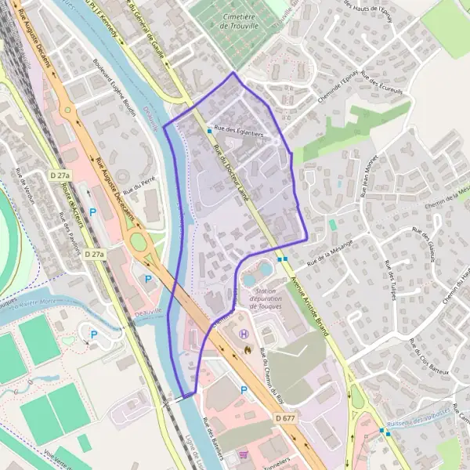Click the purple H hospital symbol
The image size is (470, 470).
point(244,334)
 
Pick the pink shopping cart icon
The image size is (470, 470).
point(243,454)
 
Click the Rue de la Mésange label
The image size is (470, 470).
point(328,251)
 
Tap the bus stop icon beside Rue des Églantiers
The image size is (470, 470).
point(209,131)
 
